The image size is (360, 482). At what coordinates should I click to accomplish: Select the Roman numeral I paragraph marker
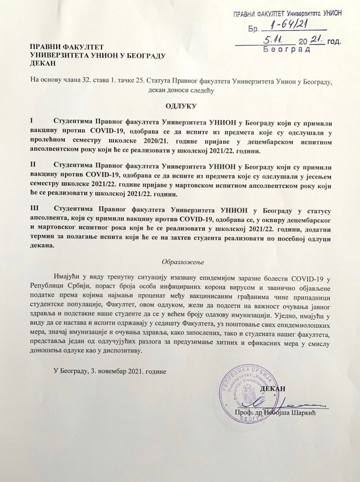click(x=32, y=122)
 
